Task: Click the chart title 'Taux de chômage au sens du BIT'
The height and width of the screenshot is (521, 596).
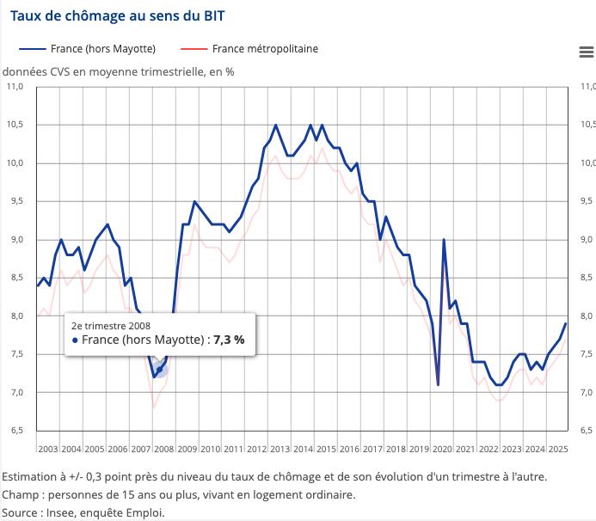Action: point(119,15)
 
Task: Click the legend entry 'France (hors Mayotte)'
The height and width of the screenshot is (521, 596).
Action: point(101,49)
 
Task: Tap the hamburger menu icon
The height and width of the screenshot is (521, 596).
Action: point(587,52)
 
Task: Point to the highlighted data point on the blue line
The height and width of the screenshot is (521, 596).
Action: point(160,370)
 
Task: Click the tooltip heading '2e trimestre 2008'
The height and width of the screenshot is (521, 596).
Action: point(111,325)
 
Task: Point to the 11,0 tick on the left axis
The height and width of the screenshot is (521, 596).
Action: point(15,87)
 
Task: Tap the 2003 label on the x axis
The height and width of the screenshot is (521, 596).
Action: point(48,449)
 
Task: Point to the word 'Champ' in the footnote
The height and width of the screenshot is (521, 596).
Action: point(20,494)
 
